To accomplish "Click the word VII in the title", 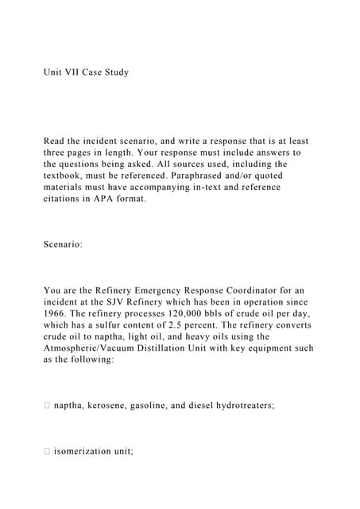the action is tap(74, 72).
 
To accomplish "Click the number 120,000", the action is tap(196, 313).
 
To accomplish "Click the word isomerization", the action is tap(87, 451).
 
